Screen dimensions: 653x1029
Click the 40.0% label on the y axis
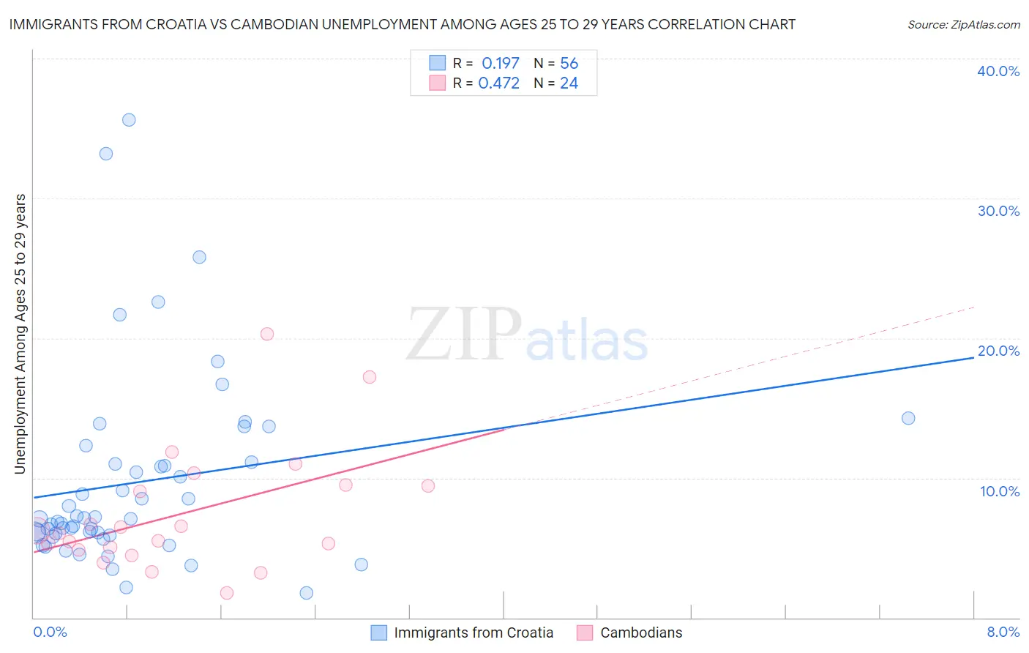pos(998,71)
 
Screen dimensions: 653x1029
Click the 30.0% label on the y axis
pos(998,211)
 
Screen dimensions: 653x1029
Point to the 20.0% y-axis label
pos(998,351)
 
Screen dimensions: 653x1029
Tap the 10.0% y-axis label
pos(1000,491)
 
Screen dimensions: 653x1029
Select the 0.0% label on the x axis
pos(50,632)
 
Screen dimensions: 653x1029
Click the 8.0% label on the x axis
pos(1003,632)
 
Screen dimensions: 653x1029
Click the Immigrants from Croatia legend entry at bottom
pos(473,633)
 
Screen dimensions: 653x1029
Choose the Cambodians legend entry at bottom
pos(640,633)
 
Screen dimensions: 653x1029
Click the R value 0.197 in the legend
pos(501,64)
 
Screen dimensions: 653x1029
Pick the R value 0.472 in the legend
pos(498,83)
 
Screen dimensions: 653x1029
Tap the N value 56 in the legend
pos(569,64)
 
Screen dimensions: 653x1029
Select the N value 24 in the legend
pos(569,83)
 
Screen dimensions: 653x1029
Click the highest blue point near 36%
pos(129,120)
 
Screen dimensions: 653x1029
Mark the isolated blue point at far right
pos(908,418)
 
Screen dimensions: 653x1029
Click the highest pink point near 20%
pos(267,334)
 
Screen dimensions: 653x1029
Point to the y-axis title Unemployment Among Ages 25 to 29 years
pos(20,334)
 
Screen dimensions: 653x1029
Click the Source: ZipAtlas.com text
pos(963,25)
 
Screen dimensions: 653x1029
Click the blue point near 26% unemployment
pos(199,257)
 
